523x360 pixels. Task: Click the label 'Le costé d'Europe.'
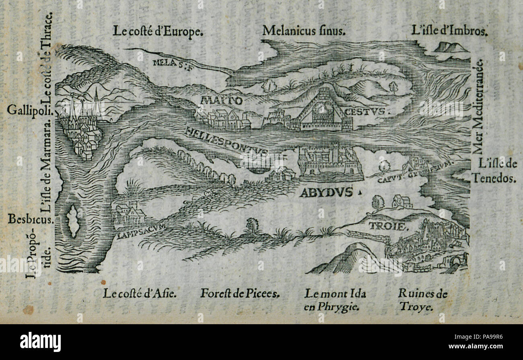(x=157, y=31)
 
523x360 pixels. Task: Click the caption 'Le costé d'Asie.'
(x=139, y=294)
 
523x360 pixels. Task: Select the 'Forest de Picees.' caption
(x=240, y=294)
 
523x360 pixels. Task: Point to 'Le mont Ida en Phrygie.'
(x=335, y=300)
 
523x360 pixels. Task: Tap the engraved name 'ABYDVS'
(x=326, y=193)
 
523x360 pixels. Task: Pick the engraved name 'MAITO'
(x=222, y=100)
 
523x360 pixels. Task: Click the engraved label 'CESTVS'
(x=364, y=111)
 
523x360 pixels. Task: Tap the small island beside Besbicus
(x=73, y=220)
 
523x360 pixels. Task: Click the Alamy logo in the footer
(x=40, y=342)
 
